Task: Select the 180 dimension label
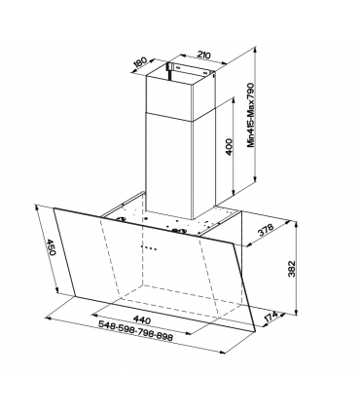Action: pyautogui.click(x=140, y=62)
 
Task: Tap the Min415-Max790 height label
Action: pyautogui.click(x=252, y=115)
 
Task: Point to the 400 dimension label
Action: pyautogui.click(x=229, y=147)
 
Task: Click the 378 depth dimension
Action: pyautogui.click(x=266, y=230)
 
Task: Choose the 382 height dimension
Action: pyautogui.click(x=292, y=268)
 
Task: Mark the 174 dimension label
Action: pyautogui.click(x=270, y=317)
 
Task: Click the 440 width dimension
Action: pyautogui.click(x=142, y=320)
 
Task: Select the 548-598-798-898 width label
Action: pyautogui.click(x=135, y=331)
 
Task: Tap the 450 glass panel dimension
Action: pyautogui.click(x=52, y=247)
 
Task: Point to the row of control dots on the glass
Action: pyautogui.click(x=149, y=248)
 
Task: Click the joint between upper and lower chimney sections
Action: pyautogui.click(x=180, y=117)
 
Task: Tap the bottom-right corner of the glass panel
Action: pyautogui.click(x=256, y=331)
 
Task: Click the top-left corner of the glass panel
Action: pyautogui.click(x=54, y=208)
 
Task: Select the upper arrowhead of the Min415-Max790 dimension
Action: pyautogui.click(x=256, y=51)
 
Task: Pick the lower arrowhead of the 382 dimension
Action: pyautogui.click(x=296, y=312)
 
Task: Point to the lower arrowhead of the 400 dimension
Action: pyautogui.click(x=233, y=193)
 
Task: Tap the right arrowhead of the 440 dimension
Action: pyautogui.click(x=191, y=333)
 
